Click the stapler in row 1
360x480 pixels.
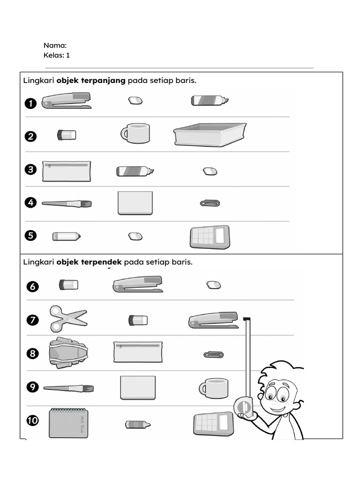67,101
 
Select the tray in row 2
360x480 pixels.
210,135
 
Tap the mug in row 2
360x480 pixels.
135,134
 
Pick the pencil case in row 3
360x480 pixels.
66,171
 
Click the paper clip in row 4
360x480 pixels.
210,203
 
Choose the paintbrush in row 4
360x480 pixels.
67,203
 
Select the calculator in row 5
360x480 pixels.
210,237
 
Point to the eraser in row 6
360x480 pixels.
213,285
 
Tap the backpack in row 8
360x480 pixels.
68,352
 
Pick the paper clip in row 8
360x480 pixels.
213,354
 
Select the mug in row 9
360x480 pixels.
214,388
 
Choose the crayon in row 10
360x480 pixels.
138,424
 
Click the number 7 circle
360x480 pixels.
32,321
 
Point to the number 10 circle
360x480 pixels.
32,420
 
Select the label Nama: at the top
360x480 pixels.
55,45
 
